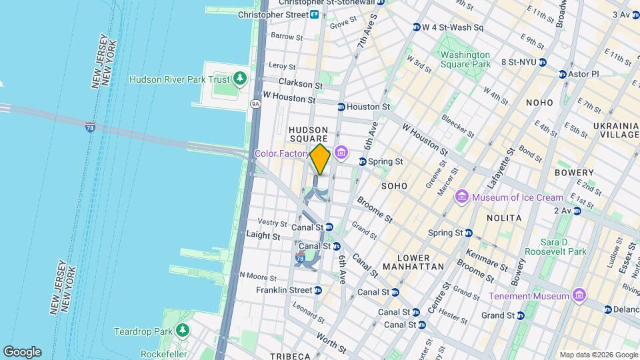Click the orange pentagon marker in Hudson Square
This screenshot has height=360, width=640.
[x=320, y=159]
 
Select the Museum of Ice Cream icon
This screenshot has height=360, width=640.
[x=462, y=197]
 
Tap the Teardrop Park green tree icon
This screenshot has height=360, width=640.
[x=182, y=331]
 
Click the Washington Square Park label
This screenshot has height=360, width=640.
[x=465, y=59]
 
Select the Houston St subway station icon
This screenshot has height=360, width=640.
[x=341, y=107]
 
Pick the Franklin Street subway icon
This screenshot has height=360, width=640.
[x=318, y=290]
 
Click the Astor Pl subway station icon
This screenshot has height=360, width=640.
[x=563, y=74]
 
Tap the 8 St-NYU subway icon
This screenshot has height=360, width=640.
[x=543, y=62]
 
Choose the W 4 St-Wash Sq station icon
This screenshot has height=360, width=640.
[x=417, y=28]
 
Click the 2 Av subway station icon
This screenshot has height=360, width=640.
[x=577, y=211]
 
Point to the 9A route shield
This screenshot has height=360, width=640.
[x=255, y=104]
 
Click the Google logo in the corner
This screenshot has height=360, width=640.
[x=22, y=351]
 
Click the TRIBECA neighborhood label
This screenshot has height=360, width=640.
[x=291, y=355]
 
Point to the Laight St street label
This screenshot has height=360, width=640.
[x=263, y=235]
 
